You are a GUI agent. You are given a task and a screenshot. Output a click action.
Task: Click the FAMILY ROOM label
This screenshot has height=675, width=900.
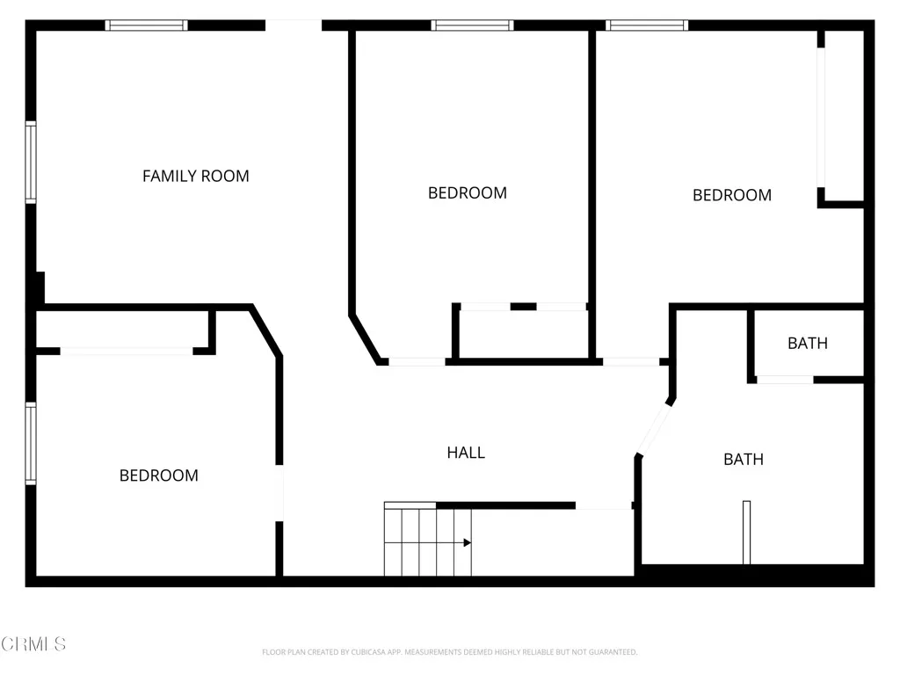[195, 176]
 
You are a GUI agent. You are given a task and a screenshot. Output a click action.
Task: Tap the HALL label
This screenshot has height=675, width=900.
[466, 453]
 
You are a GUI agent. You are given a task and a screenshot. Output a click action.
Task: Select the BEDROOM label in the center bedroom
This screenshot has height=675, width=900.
[467, 192]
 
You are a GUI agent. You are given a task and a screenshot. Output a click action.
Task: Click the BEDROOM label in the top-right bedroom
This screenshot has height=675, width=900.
[731, 195]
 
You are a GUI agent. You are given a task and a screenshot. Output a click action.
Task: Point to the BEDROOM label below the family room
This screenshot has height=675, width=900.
[158, 475]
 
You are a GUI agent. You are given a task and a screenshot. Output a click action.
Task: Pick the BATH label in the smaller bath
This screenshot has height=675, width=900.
[807, 343]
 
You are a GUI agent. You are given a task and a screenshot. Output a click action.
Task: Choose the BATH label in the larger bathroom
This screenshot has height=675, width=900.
[743, 459]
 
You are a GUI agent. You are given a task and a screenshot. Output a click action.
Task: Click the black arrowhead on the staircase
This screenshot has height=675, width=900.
[467, 542]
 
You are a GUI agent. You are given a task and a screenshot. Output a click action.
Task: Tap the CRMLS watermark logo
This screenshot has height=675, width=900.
[33, 644]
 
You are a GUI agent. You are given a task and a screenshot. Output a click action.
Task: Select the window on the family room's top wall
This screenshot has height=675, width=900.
[146, 25]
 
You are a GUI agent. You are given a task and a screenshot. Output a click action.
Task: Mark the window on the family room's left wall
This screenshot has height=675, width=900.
[31, 163]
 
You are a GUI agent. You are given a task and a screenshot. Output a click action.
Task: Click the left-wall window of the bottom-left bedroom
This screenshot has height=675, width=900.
[31, 444]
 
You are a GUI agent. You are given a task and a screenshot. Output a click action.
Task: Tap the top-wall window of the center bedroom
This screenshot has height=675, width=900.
[472, 25]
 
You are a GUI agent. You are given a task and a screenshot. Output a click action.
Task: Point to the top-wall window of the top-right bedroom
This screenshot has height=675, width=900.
[647, 25]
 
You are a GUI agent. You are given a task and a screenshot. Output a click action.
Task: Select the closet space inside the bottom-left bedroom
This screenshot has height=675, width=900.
[123, 330]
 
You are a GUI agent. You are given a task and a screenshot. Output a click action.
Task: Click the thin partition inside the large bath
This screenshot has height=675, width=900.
[746, 532]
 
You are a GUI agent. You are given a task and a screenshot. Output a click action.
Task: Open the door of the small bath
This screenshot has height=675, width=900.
[784, 380]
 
